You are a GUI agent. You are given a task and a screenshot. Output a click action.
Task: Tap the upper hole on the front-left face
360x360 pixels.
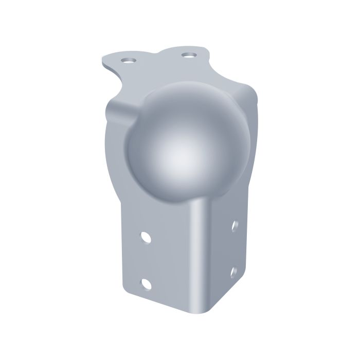tap(146, 238)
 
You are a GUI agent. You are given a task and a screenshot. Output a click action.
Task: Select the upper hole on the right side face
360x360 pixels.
tap(235, 225)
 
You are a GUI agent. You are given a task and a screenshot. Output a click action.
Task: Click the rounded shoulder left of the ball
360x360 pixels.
tap(116, 111)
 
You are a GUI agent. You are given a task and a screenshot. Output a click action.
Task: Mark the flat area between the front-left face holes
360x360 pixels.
tap(147, 260)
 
